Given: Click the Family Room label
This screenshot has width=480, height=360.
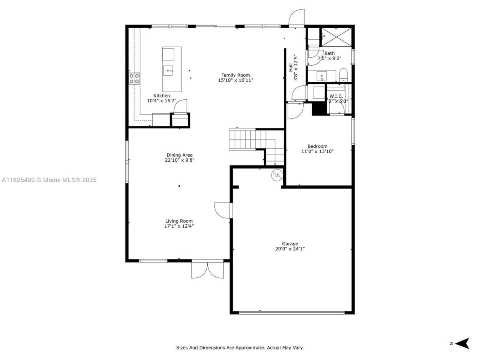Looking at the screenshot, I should point(235,75).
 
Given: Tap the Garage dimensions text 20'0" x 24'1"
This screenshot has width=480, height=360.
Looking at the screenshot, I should point(290,249).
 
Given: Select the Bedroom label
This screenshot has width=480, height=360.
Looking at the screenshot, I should point(317,146).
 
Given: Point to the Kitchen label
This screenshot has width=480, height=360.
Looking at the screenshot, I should point(162,96).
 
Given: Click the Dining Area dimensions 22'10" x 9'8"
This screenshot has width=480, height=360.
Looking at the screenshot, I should point(180,160).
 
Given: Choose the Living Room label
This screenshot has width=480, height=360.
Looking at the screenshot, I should point(179,221).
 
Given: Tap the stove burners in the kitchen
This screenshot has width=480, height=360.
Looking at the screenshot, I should point(135,78).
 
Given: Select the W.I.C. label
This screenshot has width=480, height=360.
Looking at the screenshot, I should point(336,96).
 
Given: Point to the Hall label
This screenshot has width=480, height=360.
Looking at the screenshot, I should point(291,67).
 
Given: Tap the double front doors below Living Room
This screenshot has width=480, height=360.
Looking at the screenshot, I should point(208,270).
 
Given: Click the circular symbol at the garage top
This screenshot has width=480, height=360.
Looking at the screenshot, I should point(277,175).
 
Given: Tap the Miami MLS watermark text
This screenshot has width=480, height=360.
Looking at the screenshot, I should point(49,180).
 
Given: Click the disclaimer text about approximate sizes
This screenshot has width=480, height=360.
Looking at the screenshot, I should point(240,348).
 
